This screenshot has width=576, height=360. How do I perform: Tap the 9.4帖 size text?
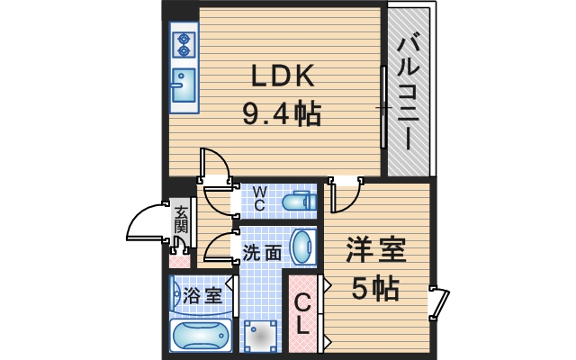[x=281, y=115]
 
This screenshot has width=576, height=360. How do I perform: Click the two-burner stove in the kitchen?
[x=184, y=46]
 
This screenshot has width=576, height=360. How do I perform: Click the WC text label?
[x=259, y=198]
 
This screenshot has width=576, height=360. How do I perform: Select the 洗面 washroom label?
[x=261, y=253]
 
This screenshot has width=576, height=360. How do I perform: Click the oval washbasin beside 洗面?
[x=304, y=247]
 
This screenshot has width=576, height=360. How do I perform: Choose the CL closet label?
[x=302, y=314]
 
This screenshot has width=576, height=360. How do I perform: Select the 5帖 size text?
[x=375, y=289]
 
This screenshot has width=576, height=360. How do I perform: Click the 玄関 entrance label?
[x=181, y=221]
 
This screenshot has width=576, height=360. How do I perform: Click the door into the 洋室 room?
[x=345, y=193]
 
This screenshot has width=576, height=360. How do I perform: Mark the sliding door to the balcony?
[x=383, y=108]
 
